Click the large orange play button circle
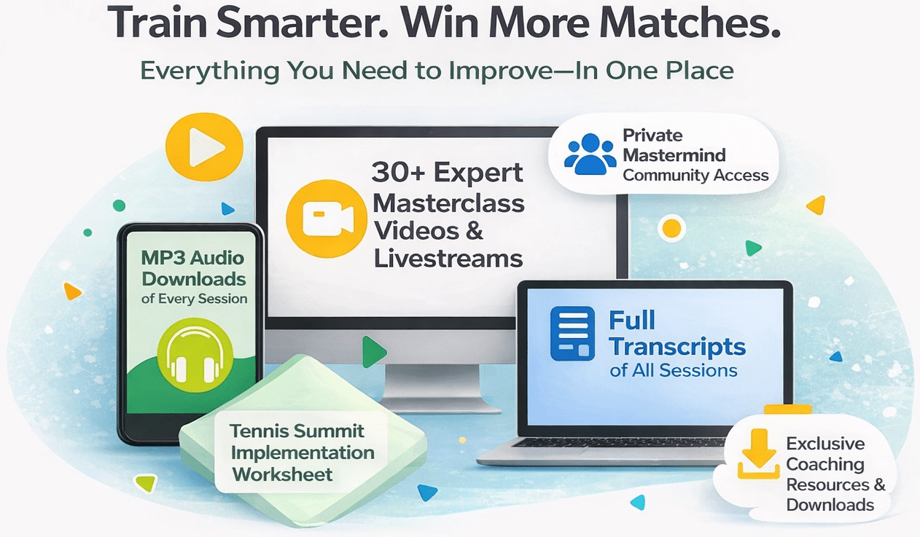pos(204,146)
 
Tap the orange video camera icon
pos(326,219)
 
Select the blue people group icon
pos(590,154)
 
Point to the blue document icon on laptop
pos(572,334)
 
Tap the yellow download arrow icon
pos(759,454)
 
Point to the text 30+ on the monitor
pos(398,173)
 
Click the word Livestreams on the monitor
pos(448,259)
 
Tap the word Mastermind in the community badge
pos(674,155)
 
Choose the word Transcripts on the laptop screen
pos(677,347)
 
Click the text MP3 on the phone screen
pos(161,258)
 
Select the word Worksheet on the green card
pos(282,474)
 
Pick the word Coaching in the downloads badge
pos(825,465)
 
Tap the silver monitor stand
pos(432,386)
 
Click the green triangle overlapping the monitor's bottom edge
pos(374,352)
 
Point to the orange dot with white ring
pos(671,228)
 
